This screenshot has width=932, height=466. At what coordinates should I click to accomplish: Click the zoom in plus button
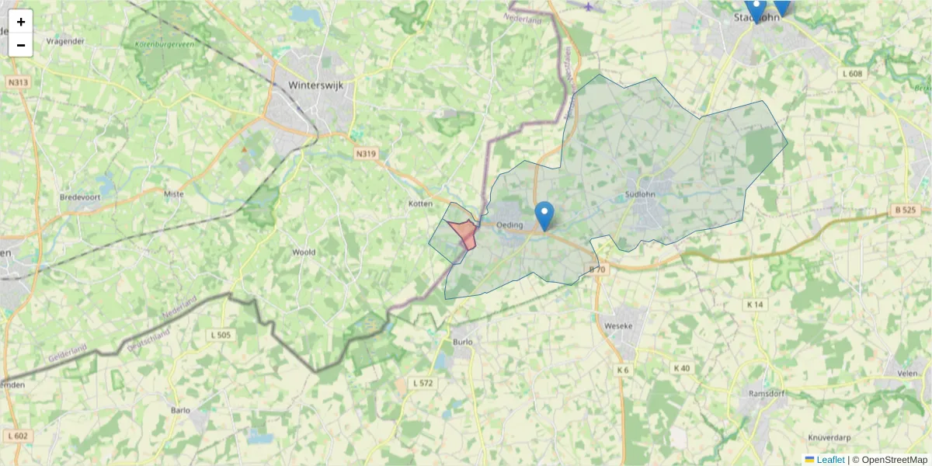point(21,22)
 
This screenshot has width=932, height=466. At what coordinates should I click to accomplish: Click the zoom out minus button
point(21,45)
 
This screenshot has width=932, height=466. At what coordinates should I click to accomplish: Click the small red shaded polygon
point(464,232)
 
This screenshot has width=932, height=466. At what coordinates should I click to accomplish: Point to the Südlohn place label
point(641,194)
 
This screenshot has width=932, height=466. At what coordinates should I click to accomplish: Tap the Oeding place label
point(510,225)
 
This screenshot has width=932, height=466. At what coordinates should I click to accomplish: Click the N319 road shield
point(366,154)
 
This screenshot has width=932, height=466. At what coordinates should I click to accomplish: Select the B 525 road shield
point(905,210)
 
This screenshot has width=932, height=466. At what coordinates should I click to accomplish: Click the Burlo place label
point(462,341)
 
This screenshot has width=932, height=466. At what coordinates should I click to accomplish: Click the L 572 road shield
point(423,383)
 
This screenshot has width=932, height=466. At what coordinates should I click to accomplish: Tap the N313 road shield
point(17,82)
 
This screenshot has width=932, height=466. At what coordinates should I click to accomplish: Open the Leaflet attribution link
point(830,460)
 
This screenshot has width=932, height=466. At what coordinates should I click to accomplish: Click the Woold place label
point(303,252)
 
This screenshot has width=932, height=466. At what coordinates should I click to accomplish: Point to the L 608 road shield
point(852,74)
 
